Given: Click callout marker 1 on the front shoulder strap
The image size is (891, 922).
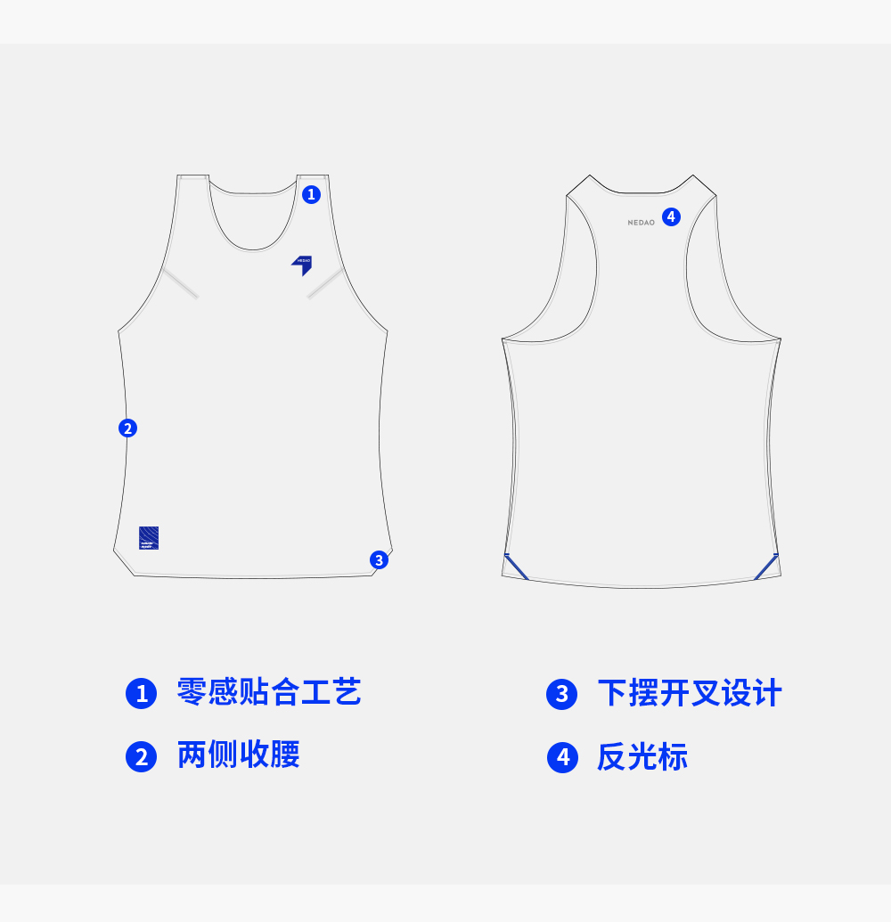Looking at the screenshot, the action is point(311,194).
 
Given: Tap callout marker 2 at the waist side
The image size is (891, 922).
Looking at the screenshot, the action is point(127,428).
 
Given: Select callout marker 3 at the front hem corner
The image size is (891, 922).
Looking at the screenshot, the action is point(380,559).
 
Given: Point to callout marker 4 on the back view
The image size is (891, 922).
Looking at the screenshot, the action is point(671,216).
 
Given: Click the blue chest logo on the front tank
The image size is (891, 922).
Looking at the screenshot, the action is point(302,265).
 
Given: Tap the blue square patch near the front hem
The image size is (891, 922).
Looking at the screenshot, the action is point(149,538).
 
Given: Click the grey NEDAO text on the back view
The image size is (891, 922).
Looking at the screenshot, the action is point(641,223).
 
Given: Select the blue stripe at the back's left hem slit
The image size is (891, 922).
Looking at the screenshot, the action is point(516,567).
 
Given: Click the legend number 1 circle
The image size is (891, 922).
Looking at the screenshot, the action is point(141,693).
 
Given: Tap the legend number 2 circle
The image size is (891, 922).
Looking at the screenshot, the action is point(141,756).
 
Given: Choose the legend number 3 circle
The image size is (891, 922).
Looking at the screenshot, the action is point(562,694).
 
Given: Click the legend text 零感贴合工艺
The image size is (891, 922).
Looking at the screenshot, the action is point(269,692).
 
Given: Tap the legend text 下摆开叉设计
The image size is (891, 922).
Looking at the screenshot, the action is point(690,693).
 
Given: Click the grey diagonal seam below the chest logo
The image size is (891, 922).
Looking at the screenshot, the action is point(325,283).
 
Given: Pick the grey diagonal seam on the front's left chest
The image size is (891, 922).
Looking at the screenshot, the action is point(181,283).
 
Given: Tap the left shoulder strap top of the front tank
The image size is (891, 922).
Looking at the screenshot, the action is point(192,178).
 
